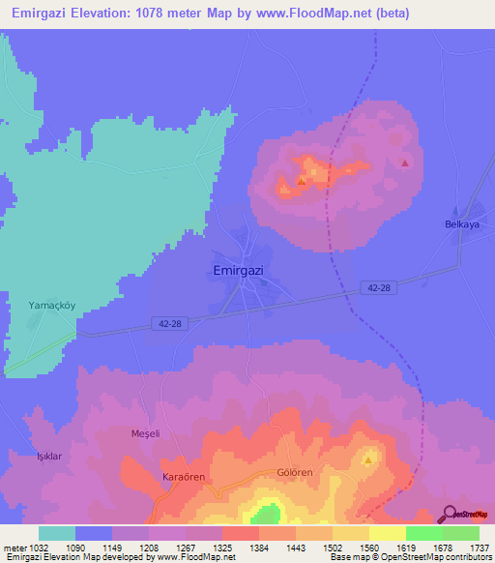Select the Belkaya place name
click(x=461, y=224)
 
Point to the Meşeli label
click(x=143, y=434)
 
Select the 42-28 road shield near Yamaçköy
click(x=166, y=324)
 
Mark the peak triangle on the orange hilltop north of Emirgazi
click(x=302, y=180)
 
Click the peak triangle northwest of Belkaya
click(x=404, y=163)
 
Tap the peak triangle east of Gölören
click(x=368, y=459)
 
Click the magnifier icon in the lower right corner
click(x=451, y=513)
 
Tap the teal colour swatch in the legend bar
click(x=57, y=533)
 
